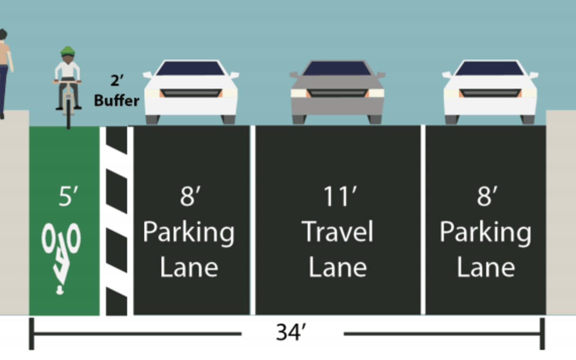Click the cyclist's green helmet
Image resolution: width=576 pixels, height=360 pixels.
pos(67,50)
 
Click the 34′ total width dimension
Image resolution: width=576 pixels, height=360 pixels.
pos(291,333)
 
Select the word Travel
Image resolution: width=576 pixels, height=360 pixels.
pos(337,232)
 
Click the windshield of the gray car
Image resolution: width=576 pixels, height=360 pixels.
pos(337,68)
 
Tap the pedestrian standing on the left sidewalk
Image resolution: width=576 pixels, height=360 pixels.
pos(4,72)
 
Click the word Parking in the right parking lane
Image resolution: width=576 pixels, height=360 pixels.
pos(485,233)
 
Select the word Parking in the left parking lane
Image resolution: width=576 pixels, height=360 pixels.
pos(189,233)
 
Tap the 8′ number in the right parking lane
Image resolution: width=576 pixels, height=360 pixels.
pos(486,196)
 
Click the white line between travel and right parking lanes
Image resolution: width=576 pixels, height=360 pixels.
pos(423,220)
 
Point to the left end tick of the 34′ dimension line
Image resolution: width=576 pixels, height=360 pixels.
pos(31,333)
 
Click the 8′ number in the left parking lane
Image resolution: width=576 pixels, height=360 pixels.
pos(189,196)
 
